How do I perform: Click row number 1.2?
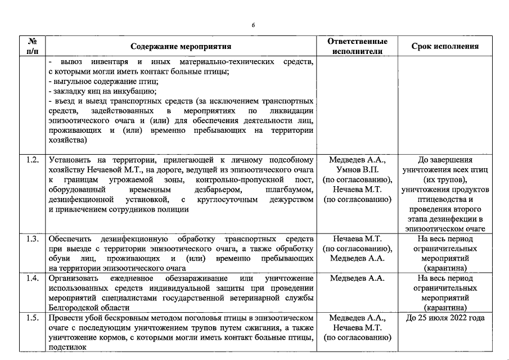pos(33,160)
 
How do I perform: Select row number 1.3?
pos(33,238)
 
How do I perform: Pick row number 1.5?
pos(33,318)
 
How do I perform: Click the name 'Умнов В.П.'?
pos(358,169)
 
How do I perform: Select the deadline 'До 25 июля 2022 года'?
pos(445,318)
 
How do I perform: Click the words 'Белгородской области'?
pos(89,308)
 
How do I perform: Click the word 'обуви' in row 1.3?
pos(58,259)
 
